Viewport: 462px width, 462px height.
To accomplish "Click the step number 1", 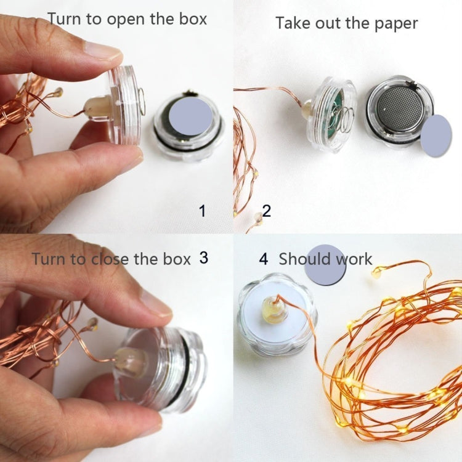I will click(x=202, y=211).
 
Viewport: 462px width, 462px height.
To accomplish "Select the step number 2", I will click(x=266, y=211).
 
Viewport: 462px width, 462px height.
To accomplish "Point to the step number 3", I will click(x=204, y=257).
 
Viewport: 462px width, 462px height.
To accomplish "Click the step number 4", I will click(x=264, y=259).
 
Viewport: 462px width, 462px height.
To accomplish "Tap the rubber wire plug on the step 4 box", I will click(x=275, y=308).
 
